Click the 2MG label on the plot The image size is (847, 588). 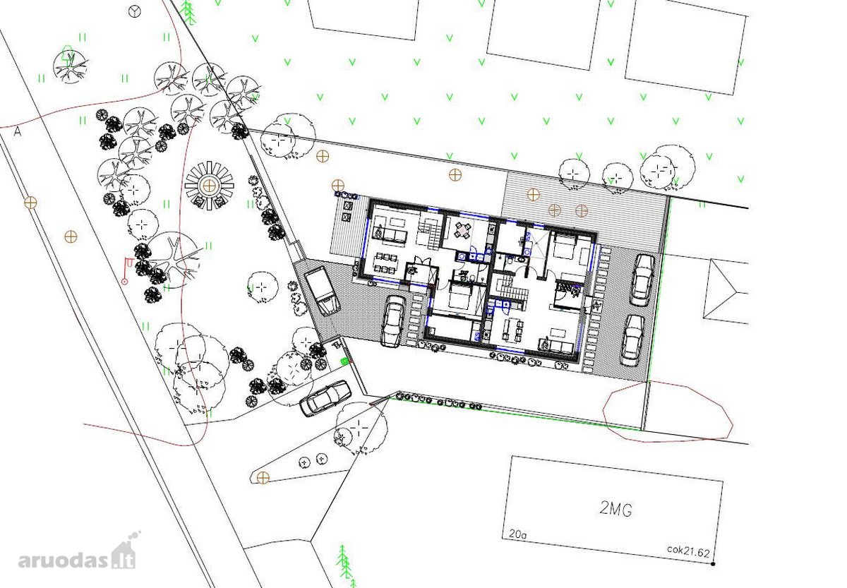pos(615,509)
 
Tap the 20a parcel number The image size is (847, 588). pos(517,534)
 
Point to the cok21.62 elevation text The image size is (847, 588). pos(688,551)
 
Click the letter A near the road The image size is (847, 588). pos(18,131)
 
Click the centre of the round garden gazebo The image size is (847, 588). pos(209,186)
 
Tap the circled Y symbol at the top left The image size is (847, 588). pos(135,12)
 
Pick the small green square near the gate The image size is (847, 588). pos(344,361)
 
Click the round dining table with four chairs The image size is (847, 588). pos(463,230)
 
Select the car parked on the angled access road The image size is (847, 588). pos(325,399)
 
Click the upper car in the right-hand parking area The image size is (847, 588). pos(642,280)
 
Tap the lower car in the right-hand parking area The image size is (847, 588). pos(632,340)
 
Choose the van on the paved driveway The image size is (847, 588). pos(322,291)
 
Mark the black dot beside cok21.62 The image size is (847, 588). pos(713,564)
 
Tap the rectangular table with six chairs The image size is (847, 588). pos(385,263)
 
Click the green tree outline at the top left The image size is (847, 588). pos(67,53)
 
